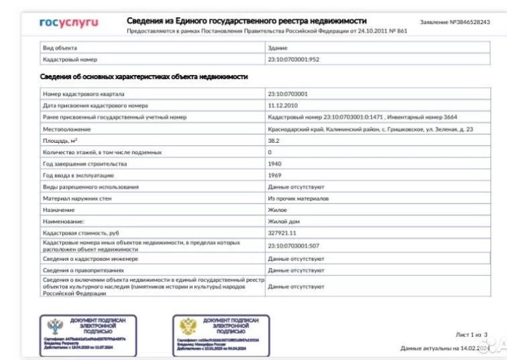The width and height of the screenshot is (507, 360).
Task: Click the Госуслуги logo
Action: (68, 23)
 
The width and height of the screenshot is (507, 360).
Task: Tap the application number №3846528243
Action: (455, 23)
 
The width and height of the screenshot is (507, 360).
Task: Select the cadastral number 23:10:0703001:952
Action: (293, 60)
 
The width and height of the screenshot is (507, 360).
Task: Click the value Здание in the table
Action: (277, 48)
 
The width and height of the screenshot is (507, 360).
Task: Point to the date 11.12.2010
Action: (282, 106)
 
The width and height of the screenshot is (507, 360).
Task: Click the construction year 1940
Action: (275, 164)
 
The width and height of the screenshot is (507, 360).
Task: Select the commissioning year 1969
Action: (275, 175)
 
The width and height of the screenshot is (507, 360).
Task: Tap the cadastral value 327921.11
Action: (282, 234)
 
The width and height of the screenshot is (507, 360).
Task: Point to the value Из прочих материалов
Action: (298, 199)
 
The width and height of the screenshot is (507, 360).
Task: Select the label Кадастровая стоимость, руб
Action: (83, 234)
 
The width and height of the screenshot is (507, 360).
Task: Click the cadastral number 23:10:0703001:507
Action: (293, 246)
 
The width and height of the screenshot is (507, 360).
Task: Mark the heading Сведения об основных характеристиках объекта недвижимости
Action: (145, 78)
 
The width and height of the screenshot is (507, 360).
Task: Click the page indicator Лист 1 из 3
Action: (471, 335)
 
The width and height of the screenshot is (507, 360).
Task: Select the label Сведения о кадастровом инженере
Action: (90, 258)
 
